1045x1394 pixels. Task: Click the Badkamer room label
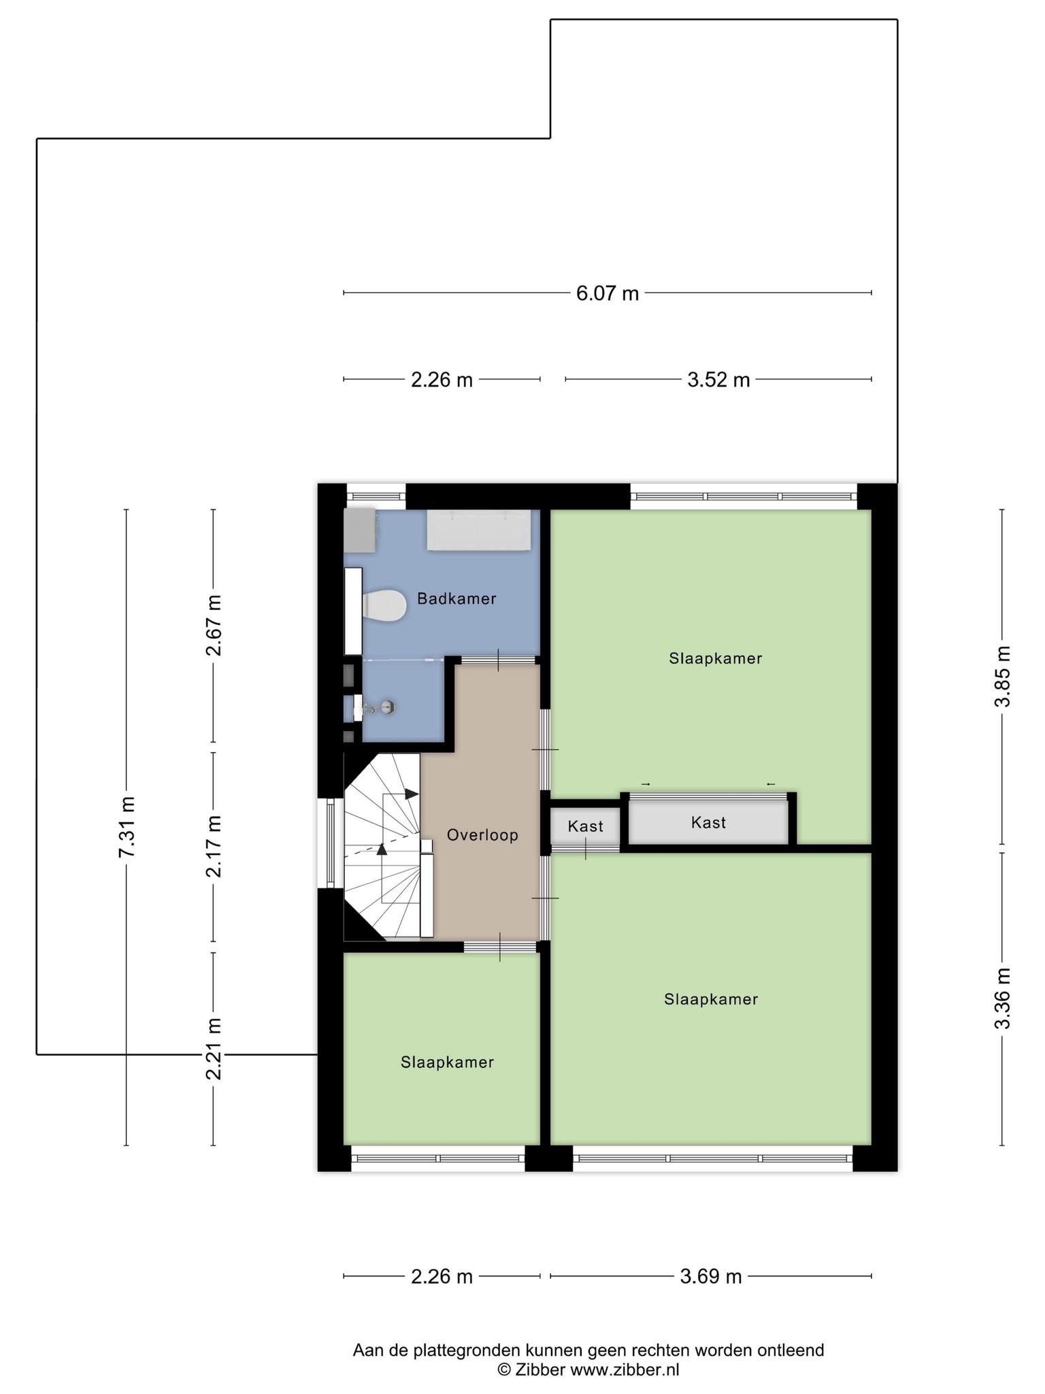point(457,599)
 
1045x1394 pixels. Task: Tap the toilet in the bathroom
point(384,605)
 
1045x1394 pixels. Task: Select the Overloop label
point(482,835)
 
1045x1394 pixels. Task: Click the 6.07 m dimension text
point(608,293)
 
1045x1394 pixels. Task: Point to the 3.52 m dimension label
point(718,379)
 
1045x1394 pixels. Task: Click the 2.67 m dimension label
point(214,625)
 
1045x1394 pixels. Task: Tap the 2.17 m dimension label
point(214,846)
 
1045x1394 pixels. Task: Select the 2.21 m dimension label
point(214,1049)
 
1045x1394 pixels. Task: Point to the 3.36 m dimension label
point(1002,999)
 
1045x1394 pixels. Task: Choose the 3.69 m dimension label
point(711,1276)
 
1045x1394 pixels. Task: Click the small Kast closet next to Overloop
point(585,826)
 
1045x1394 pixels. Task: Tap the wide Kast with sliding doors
point(708,822)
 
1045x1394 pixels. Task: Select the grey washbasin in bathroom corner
point(360,531)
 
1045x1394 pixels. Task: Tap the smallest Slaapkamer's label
point(447,1063)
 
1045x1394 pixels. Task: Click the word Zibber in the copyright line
point(540,1370)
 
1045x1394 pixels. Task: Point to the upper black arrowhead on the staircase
point(412,794)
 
